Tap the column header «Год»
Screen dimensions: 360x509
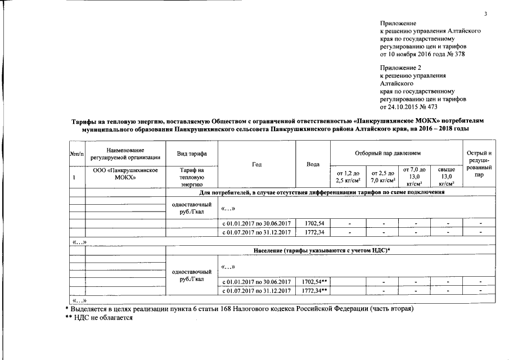click(257, 164)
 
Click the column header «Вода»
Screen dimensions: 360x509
click(313, 164)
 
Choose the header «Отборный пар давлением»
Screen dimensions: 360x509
click(395, 153)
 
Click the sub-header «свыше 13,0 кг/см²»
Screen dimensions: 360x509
click(446, 175)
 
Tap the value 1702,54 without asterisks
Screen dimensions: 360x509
click(313, 223)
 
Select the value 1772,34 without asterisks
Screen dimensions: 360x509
click(313, 232)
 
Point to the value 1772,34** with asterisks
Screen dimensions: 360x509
click(314, 290)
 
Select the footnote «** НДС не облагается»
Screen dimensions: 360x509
click(99, 317)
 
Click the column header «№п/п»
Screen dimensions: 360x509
click(76, 154)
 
